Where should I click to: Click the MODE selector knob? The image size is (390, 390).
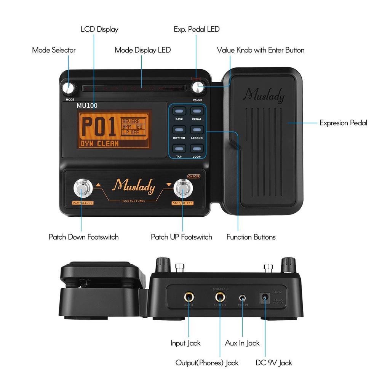coord(68,88)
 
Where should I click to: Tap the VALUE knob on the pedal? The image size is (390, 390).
coord(197,88)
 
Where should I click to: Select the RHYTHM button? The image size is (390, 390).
coord(179,129)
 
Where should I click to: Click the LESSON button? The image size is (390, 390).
coord(197,129)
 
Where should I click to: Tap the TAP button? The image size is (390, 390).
coord(179,149)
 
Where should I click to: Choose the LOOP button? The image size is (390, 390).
coord(197,149)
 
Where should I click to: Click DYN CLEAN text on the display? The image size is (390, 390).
coord(99,144)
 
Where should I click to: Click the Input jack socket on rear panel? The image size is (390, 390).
coord(189,296)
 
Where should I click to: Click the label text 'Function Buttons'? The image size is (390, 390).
coord(251,237)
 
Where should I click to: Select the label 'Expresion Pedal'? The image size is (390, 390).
coord(343,123)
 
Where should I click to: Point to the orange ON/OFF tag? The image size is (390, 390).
coord(194,176)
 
